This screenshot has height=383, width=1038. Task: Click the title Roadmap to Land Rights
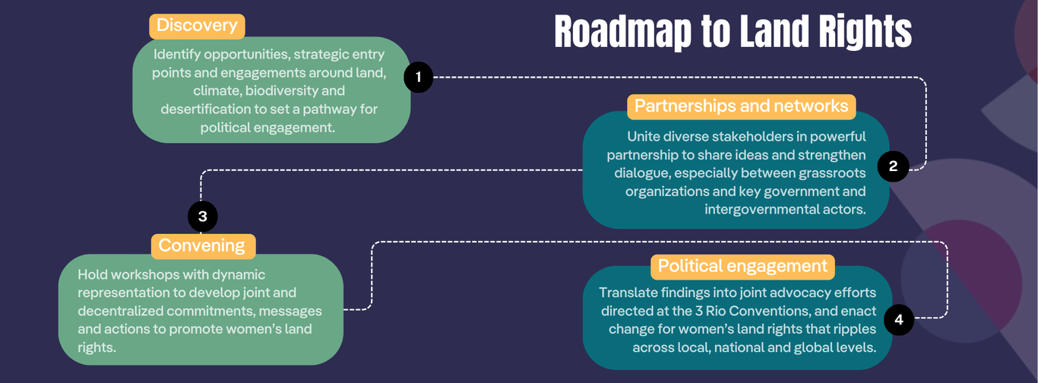[x=733, y=33]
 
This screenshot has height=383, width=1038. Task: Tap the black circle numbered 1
[x=418, y=77]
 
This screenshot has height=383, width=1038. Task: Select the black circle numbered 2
[x=893, y=167]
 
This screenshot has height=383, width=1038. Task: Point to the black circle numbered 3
[x=202, y=217]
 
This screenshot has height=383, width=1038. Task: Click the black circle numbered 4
[x=899, y=320]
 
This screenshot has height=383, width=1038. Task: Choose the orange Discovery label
[x=197, y=26]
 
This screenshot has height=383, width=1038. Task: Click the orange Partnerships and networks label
[x=741, y=106]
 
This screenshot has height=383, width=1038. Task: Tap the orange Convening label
[x=202, y=246]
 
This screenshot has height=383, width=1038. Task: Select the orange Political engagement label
[x=742, y=267]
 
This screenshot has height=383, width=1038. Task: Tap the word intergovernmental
[x=760, y=209]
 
